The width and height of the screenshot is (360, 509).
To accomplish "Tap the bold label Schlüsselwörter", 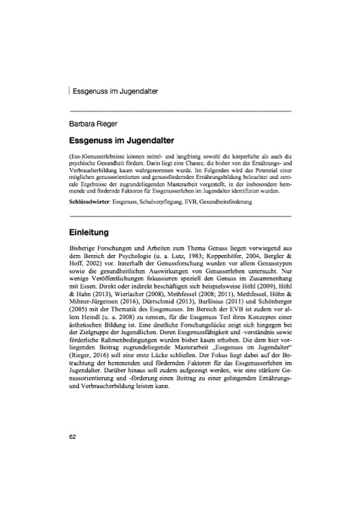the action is point(93,202).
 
